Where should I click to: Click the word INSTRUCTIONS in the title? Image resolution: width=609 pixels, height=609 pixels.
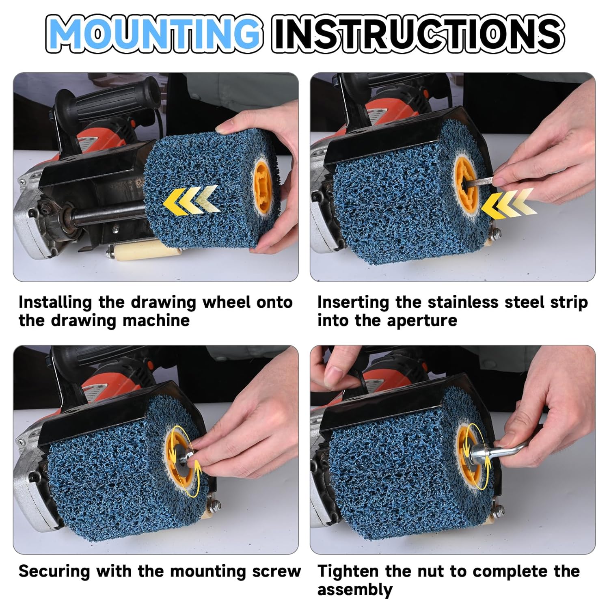click(x=417, y=33)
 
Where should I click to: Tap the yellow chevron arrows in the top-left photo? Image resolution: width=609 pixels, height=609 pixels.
click(x=191, y=200)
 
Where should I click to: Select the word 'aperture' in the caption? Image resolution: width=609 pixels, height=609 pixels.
click(x=422, y=321)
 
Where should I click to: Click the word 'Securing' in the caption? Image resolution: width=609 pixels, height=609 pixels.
click(x=54, y=572)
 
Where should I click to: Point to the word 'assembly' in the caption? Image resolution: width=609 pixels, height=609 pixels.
click(x=355, y=590)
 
